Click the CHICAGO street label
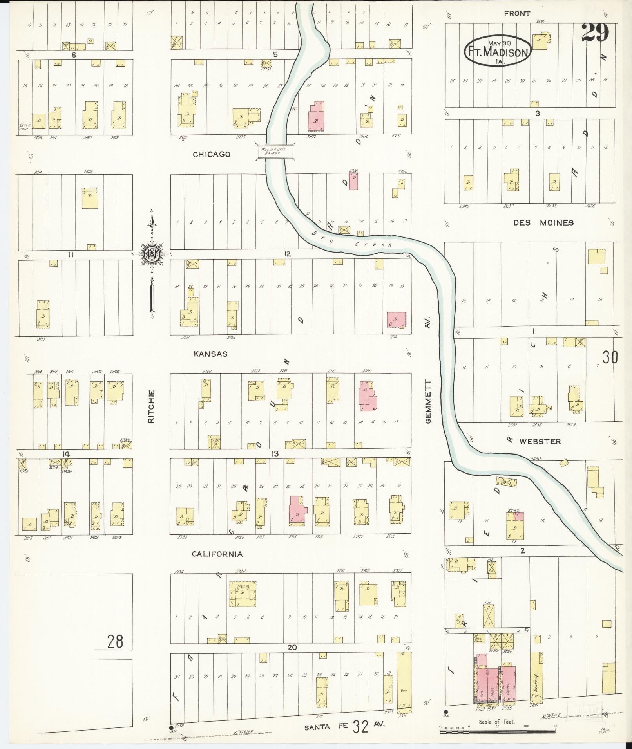(211, 154)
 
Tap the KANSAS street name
(210, 354)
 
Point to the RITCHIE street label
(152, 406)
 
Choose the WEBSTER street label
(540, 441)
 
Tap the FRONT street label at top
(517, 14)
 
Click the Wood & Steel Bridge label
(275, 151)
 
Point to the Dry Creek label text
(353, 240)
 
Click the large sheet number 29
(595, 33)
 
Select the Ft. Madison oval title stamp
(497, 51)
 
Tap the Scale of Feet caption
(496, 721)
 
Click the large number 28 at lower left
(115, 641)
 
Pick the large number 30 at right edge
(610, 357)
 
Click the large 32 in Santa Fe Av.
(360, 726)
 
